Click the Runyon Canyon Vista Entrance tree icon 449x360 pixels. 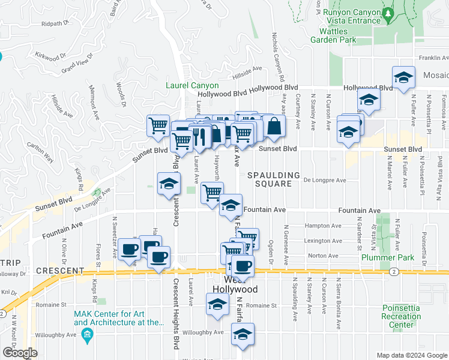[x=388, y=14]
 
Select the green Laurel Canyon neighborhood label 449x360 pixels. [x=192, y=85]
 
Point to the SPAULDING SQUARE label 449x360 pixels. [x=273, y=179]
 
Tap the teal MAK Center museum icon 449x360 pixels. [x=87, y=334]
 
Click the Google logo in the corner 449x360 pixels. [x=20, y=353]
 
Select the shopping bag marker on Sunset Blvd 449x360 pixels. [x=274, y=127]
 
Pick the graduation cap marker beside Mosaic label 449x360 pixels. [x=404, y=78]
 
